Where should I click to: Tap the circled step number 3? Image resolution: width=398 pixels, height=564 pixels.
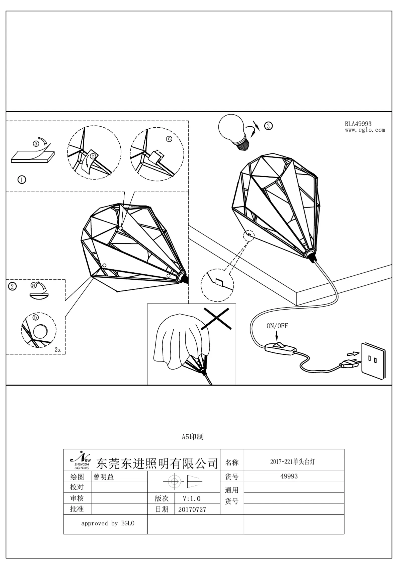pyautogui.click(x=268, y=126)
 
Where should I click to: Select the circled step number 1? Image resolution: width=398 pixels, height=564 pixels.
pyautogui.click(x=22, y=180)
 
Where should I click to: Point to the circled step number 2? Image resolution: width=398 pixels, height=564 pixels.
pyautogui.click(x=13, y=286)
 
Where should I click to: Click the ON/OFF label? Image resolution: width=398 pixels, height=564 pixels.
pyautogui.click(x=277, y=326)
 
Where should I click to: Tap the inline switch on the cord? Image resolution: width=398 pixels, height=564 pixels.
pyautogui.click(x=281, y=348)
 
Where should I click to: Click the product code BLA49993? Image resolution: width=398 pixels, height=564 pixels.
pyautogui.click(x=358, y=124)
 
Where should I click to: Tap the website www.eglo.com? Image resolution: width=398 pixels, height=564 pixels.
pyautogui.click(x=365, y=130)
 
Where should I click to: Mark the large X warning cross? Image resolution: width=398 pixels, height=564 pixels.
pyautogui.click(x=216, y=319)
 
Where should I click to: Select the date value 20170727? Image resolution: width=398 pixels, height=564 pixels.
pyautogui.click(x=192, y=509)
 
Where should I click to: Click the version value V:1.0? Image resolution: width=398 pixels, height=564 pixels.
pyautogui.click(x=192, y=498)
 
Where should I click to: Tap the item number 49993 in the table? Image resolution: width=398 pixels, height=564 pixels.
pyautogui.click(x=289, y=476)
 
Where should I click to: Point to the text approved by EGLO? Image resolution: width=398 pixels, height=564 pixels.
pyautogui.click(x=108, y=524)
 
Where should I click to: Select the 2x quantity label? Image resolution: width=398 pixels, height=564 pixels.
pyautogui.click(x=58, y=350)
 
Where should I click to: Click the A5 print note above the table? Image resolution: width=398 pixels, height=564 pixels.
pyautogui.click(x=193, y=437)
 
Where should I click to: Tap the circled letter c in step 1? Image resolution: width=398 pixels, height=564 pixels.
pyautogui.click(x=169, y=139)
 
